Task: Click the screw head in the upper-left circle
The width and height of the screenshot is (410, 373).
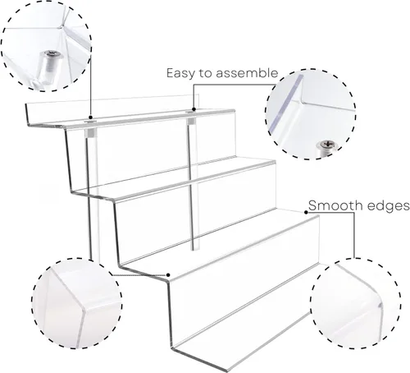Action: (x=51, y=53)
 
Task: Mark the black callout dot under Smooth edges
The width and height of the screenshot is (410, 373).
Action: (x=306, y=212)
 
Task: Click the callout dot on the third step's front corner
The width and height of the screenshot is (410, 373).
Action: (x=168, y=274)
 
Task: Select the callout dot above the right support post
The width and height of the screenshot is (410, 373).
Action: (x=194, y=109)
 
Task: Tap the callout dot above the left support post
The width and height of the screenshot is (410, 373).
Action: (x=91, y=117)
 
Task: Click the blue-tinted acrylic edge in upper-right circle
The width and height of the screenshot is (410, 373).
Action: (x=285, y=104)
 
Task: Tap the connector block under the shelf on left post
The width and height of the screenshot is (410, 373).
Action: (x=90, y=134)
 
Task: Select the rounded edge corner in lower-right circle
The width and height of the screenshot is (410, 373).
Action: (x=380, y=304)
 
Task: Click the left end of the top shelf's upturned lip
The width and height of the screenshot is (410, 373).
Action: (x=26, y=105)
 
